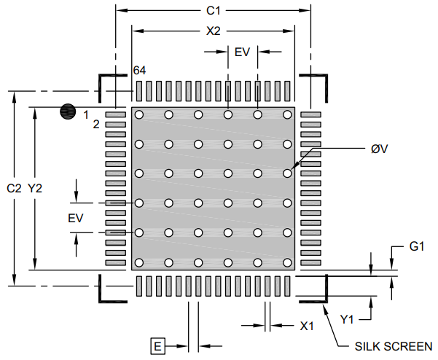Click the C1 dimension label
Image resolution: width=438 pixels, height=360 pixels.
(x=213, y=11)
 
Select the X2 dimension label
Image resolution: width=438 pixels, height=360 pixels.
(x=213, y=31)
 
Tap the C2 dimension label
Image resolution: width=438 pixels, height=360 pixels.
(x=14, y=188)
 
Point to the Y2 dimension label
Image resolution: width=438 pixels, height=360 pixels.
(x=35, y=188)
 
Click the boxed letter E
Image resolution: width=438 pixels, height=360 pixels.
(x=158, y=346)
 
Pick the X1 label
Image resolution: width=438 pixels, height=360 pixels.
(x=306, y=326)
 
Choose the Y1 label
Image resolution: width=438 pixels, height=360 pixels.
(x=347, y=319)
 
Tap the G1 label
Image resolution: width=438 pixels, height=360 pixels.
(x=417, y=246)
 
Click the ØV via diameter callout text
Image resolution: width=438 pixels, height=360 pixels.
(x=380, y=149)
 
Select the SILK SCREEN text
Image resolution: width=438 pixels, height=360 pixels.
(x=394, y=346)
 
